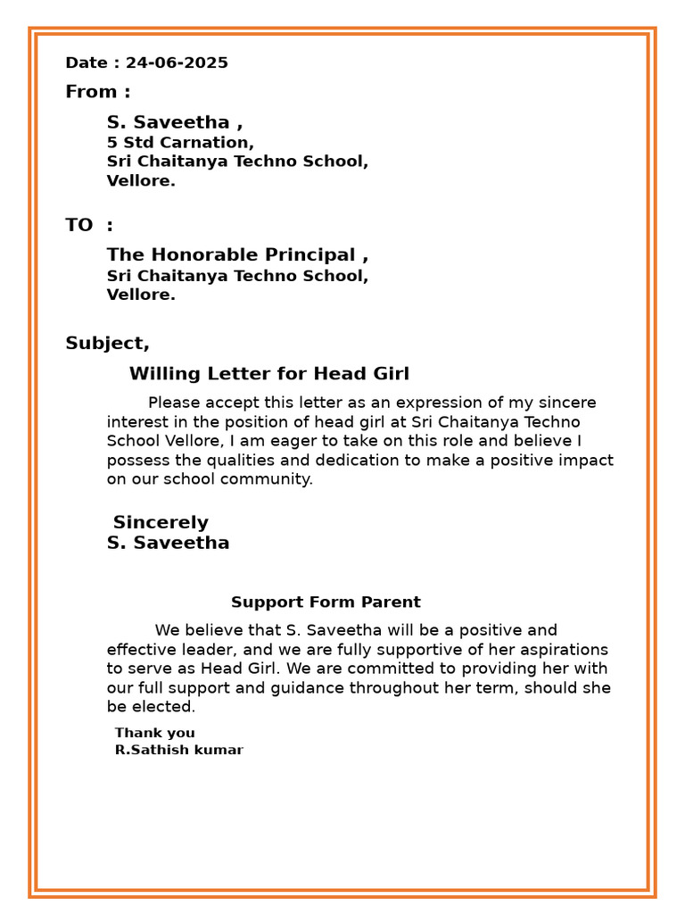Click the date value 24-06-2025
(177, 62)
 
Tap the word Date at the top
(87, 62)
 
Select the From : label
(97, 92)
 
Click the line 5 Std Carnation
(180, 143)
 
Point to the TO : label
(89, 225)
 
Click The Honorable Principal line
(237, 255)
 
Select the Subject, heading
(107, 344)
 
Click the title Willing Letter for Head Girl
(268, 374)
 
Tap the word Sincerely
(161, 523)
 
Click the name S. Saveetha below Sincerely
(168, 543)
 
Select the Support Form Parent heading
(326, 602)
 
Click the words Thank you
(154, 734)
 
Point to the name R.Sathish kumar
(178, 751)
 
